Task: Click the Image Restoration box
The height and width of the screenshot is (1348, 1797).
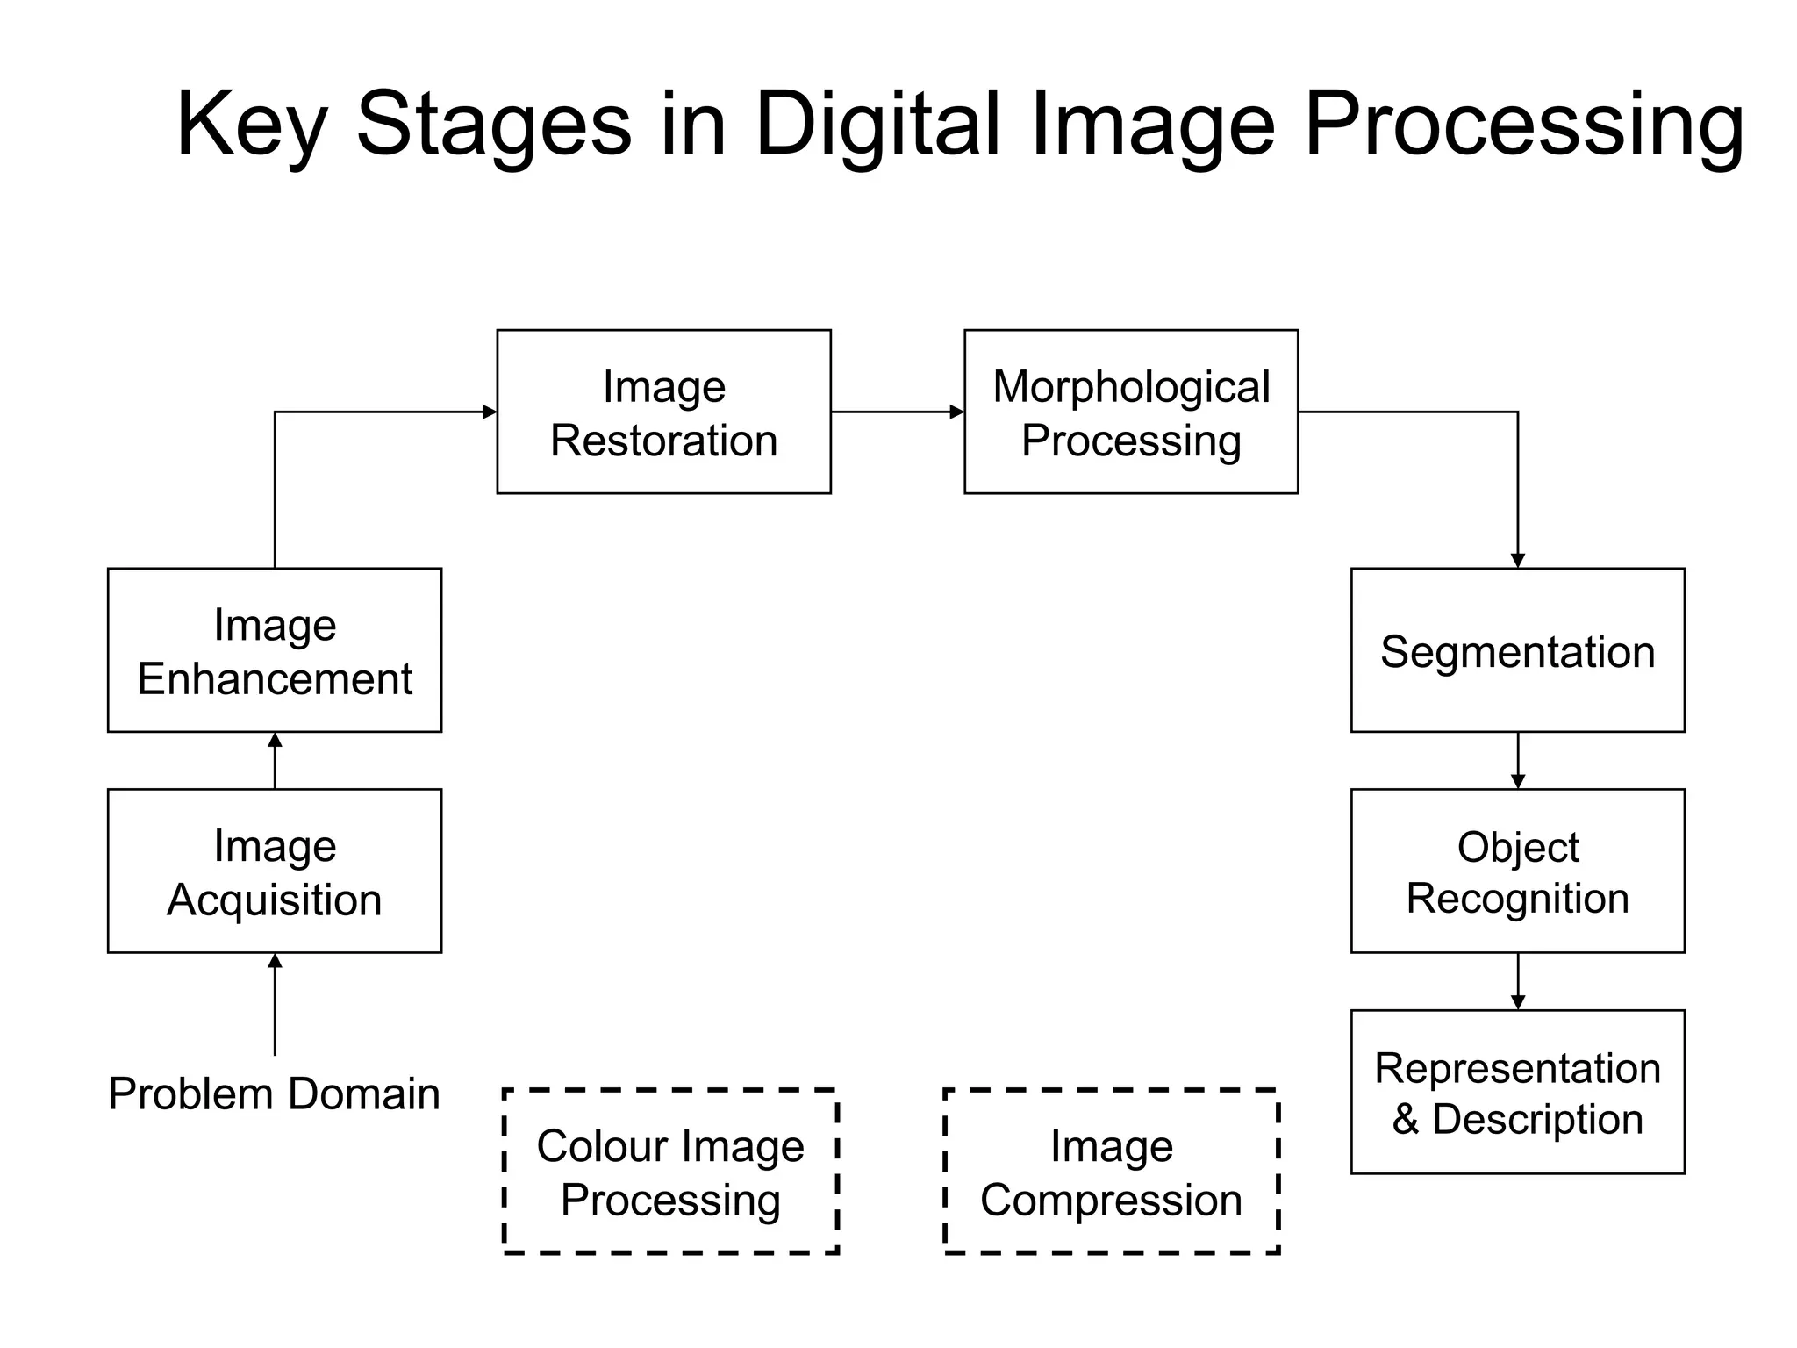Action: point(663,412)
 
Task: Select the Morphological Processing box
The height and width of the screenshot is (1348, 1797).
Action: point(1130,412)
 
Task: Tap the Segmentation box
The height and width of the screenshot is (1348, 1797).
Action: point(1517,650)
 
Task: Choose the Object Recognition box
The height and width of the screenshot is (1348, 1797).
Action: point(1517,871)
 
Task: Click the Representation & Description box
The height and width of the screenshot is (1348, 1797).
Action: point(1517,1092)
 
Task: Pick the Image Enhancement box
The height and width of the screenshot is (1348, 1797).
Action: point(275,650)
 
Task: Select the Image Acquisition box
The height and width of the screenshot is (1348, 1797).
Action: point(275,871)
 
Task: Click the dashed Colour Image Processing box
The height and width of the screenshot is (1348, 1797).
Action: point(670,1172)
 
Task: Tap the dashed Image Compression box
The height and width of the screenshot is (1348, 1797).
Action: point(1111,1172)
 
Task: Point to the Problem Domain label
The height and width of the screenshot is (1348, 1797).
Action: point(274,1094)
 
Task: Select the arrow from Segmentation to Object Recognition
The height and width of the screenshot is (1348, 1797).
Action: point(1518,759)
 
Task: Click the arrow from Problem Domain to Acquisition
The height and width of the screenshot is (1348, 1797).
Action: point(275,1005)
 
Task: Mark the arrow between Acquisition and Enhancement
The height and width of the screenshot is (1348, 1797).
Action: point(275,761)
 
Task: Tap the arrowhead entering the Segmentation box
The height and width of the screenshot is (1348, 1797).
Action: point(1518,561)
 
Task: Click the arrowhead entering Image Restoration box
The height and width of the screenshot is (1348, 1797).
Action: point(490,412)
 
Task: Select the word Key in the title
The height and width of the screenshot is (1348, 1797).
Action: point(252,125)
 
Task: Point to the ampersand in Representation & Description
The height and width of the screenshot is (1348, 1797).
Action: point(1405,1120)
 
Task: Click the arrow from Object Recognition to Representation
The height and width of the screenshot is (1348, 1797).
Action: point(1518,980)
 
